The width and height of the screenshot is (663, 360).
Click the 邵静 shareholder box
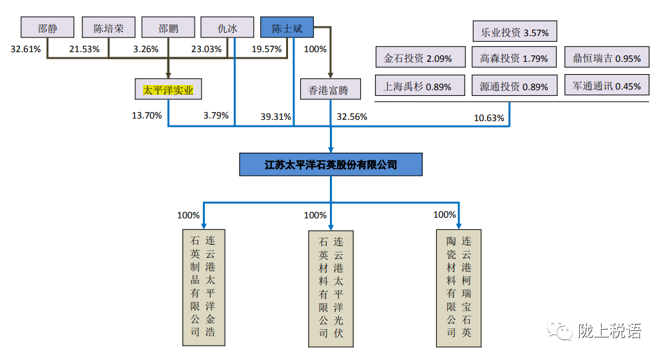tap(48, 28)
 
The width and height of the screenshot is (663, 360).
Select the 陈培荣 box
tap(109, 28)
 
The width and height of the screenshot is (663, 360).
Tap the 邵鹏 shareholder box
tap(168, 28)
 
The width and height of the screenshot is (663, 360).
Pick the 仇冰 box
tap(227, 28)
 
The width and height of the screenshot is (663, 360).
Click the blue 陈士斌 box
tap(287, 28)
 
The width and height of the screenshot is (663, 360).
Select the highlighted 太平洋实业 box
tap(168, 89)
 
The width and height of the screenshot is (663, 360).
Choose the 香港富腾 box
tap(331, 89)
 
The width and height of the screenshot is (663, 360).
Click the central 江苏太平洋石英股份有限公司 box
tap(331, 164)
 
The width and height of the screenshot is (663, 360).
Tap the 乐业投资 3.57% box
tap(515, 32)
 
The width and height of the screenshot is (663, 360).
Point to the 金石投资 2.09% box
tap(421, 57)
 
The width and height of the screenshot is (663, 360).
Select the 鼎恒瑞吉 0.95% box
tap(607, 57)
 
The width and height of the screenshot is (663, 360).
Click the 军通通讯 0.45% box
tap(607, 86)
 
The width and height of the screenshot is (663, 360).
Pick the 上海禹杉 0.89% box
tap(420, 86)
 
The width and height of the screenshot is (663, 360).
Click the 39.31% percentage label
tap(276, 117)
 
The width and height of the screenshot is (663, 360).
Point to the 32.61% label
tap(26, 49)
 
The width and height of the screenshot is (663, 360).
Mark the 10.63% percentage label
tap(489, 118)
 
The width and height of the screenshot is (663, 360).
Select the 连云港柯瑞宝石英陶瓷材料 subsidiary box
tap(459, 288)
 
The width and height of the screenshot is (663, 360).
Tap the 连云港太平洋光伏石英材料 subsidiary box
tap(331, 289)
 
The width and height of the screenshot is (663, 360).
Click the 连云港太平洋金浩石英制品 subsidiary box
tap(204, 288)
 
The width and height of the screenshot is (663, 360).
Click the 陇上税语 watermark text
tap(610, 330)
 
